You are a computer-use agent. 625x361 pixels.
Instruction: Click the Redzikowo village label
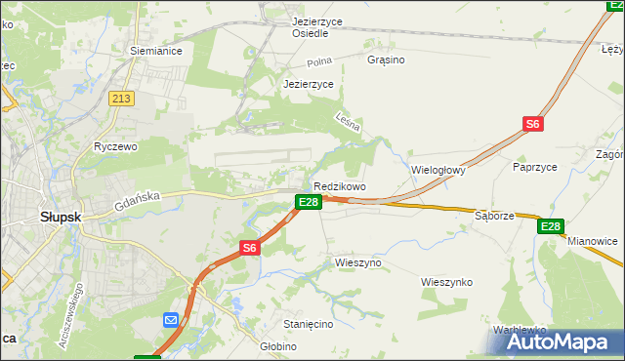tap(339, 186)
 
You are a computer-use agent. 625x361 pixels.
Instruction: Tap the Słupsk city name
tap(61, 217)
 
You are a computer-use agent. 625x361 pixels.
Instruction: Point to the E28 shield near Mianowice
tap(551, 226)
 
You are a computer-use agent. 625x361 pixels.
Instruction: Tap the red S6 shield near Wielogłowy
tap(532, 124)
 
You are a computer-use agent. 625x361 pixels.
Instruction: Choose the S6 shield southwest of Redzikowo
tap(250, 248)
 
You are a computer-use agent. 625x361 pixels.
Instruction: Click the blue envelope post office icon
tap(170, 320)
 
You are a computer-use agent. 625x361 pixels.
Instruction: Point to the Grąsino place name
tap(386, 60)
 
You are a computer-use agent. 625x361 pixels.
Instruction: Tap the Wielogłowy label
tap(438, 169)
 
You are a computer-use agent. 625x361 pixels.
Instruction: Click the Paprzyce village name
tap(534, 167)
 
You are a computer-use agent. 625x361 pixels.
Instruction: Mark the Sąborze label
tap(494, 215)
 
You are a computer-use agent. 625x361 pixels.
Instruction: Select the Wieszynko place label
tap(446, 282)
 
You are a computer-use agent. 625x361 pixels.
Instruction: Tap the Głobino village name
tap(277, 346)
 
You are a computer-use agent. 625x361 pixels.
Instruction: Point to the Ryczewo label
tap(115, 146)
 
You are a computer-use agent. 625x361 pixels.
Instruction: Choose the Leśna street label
tap(348, 123)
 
